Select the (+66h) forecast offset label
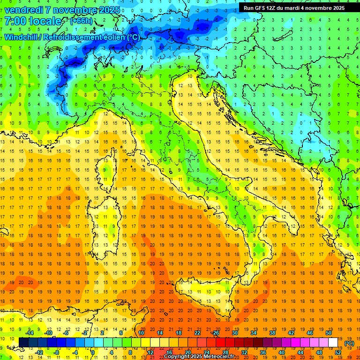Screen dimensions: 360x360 [81, 22]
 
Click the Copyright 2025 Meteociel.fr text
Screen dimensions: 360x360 [202, 357]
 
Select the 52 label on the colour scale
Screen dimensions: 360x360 [338, 352]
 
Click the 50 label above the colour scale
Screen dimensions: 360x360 [329, 333]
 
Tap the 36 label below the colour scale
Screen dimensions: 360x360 [262, 352]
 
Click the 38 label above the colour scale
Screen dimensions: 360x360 [272, 333]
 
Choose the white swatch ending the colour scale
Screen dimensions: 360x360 [333, 342]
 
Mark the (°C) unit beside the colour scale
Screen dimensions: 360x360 [349, 343]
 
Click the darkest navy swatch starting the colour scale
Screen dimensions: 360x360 [23, 342]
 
